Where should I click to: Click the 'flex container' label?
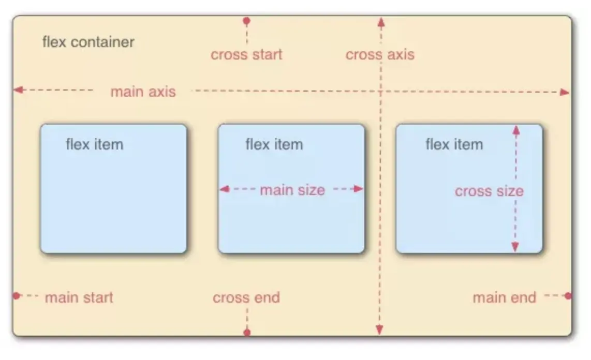click(x=88, y=42)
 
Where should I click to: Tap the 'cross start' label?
click(x=246, y=54)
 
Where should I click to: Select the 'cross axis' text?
click(x=380, y=54)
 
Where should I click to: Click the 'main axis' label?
click(x=143, y=92)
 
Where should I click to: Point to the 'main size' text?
click(x=292, y=190)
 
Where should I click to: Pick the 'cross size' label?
click(x=489, y=191)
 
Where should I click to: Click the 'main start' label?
click(x=79, y=297)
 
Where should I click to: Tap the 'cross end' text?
click(x=246, y=297)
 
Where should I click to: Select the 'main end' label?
click(x=504, y=297)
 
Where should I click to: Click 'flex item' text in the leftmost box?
click(x=94, y=144)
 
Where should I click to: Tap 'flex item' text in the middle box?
click(x=274, y=144)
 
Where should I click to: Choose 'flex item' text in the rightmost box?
click(x=453, y=144)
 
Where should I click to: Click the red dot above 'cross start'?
click(x=246, y=21)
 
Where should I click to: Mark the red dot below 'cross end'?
click(x=247, y=332)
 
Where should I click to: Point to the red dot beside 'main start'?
click(x=17, y=296)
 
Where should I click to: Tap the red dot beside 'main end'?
click(x=568, y=296)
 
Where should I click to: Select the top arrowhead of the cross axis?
click(x=381, y=21)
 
